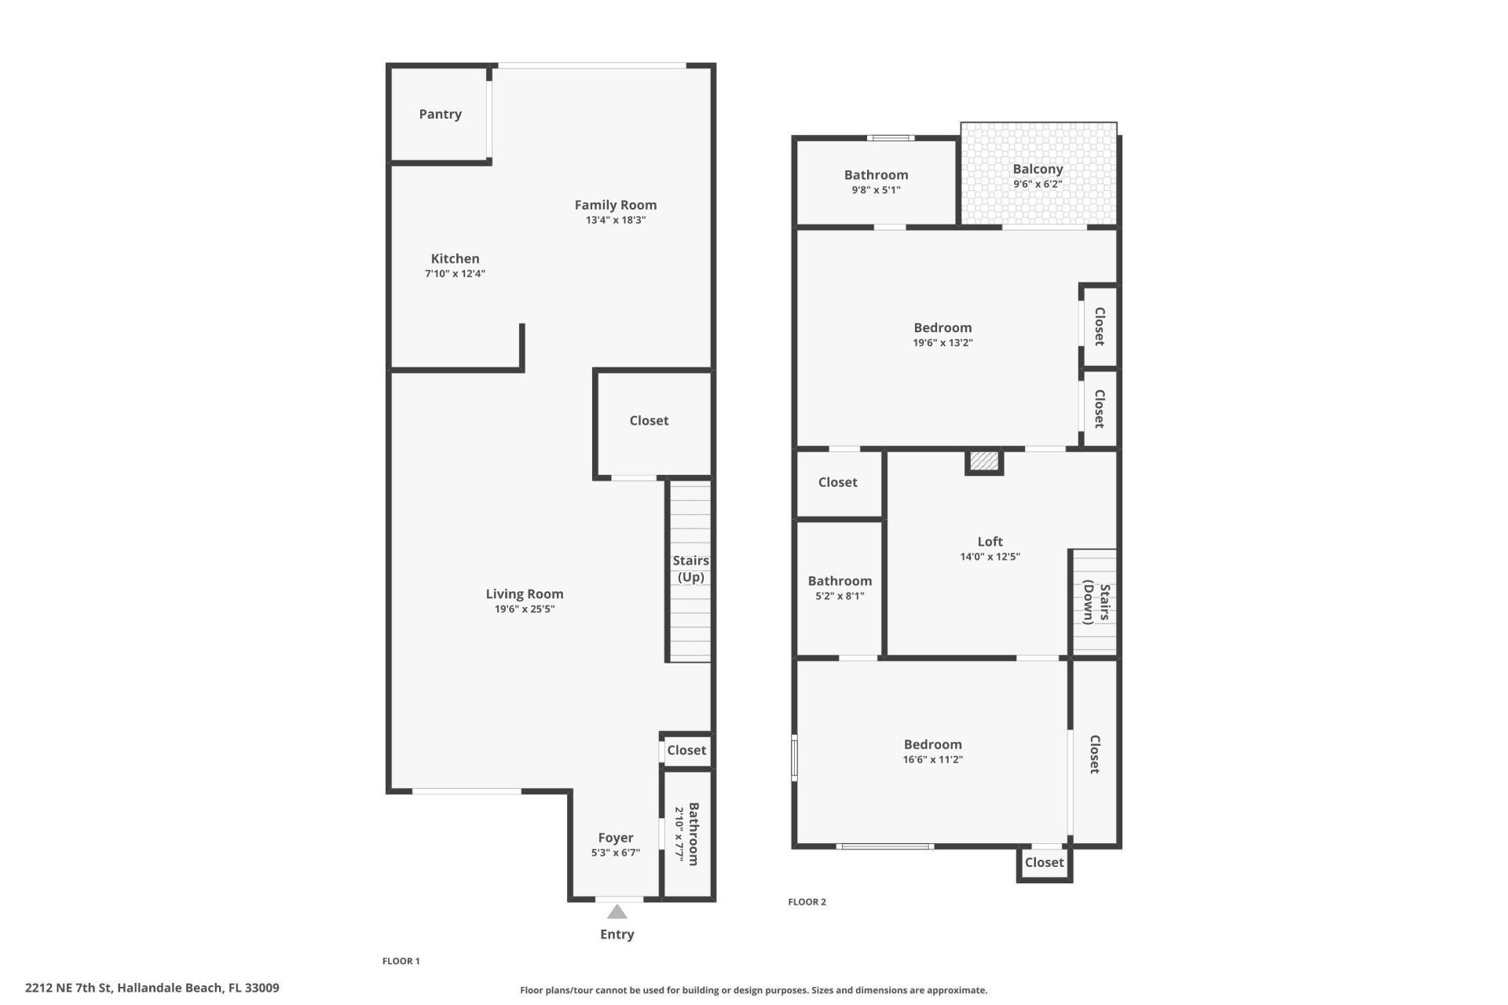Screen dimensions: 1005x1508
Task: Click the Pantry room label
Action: [x=440, y=115]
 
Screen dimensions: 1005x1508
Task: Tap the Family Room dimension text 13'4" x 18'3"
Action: [x=615, y=221]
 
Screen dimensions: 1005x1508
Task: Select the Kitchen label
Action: [x=455, y=259]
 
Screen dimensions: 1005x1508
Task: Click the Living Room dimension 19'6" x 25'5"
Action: [x=524, y=609]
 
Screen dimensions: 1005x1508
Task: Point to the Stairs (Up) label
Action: [x=690, y=568]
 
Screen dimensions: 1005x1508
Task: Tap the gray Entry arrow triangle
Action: [x=617, y=912]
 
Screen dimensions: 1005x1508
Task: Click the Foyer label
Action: [x=615, y=838]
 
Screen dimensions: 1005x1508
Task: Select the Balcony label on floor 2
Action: [x=1038, y=170]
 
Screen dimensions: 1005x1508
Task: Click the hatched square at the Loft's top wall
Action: [x=984, y=461]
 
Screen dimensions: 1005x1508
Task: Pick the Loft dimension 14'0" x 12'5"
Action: [x=990, y=557]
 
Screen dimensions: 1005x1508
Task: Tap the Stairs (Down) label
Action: [x=1096, y=602]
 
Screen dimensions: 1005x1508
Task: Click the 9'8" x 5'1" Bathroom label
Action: [x=876, y=175]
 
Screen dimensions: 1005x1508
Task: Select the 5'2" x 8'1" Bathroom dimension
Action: [x=840, y=596]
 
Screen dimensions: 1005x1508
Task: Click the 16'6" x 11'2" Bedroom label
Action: [x=932, y=744]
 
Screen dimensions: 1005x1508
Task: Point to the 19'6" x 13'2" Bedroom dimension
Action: [x=942, y=343]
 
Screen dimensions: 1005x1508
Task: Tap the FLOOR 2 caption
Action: [x=807, y=902]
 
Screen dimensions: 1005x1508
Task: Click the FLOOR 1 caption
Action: [x=401, y=961]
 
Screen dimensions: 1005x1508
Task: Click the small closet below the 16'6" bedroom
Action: [x=1044, y=863]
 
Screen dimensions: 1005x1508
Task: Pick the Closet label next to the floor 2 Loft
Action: [x=837, y=482]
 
